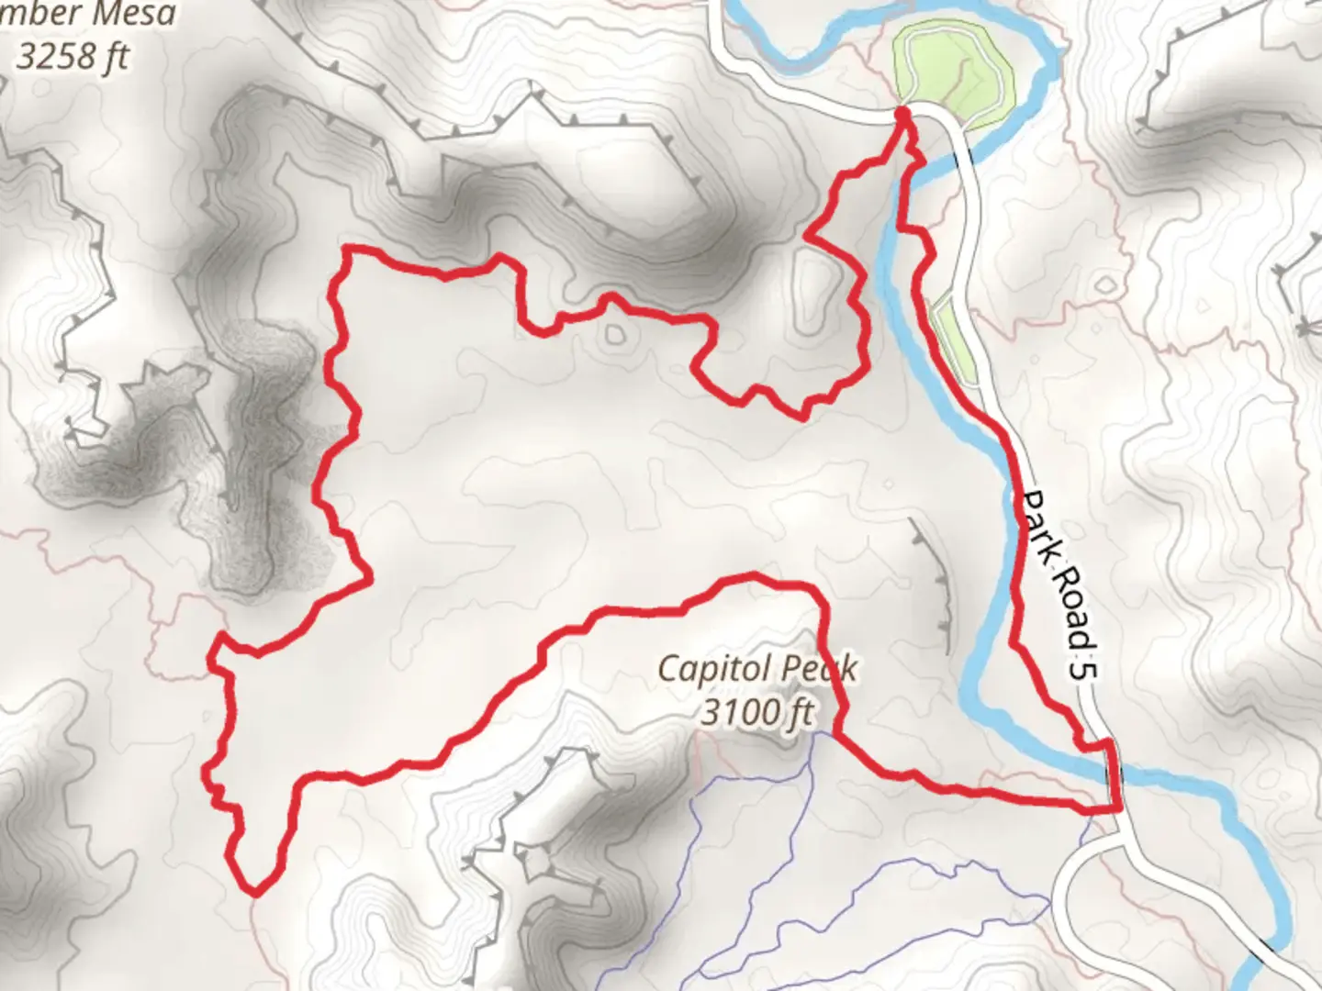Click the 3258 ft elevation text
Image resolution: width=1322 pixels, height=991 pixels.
pos(73,57)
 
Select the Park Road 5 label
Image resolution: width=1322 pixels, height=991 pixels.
pos(1060,585)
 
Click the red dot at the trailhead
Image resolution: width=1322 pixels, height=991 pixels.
pos(902,113)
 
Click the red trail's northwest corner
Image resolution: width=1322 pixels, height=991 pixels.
pos(346,249)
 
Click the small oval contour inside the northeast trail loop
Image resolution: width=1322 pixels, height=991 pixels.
pos(813,294)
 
